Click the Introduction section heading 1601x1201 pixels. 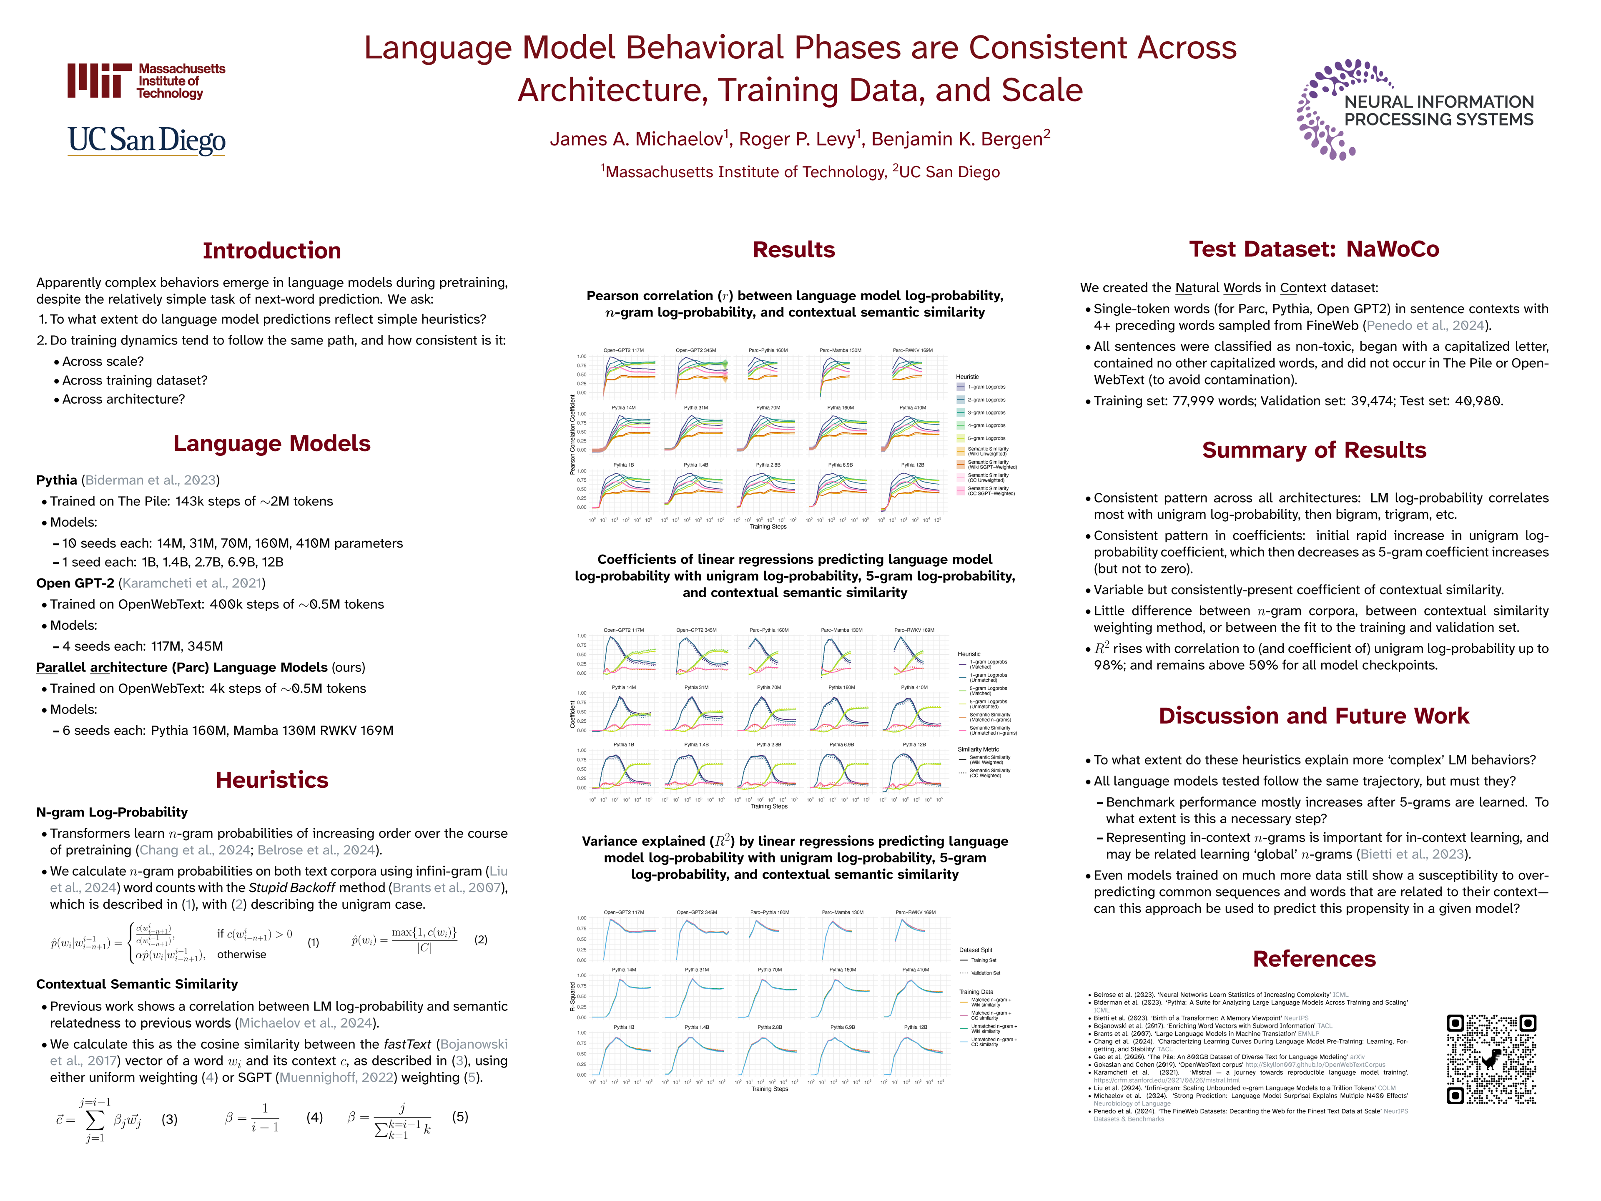(x=271, y=251)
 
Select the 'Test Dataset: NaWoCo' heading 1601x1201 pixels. (x=1314, y=249)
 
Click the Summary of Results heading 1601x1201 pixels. (x=1314, y=450)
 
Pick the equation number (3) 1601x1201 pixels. (x=169, y=1119)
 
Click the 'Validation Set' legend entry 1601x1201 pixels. (x=985, y=973)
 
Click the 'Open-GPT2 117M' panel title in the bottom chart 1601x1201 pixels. (x=624, y=912)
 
